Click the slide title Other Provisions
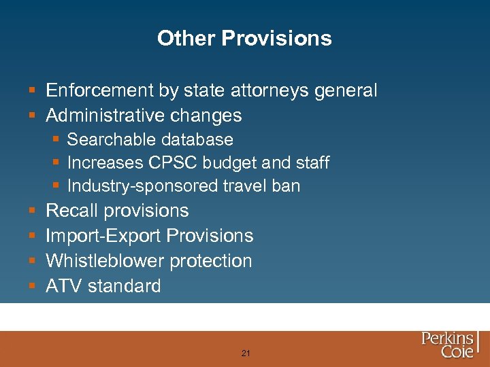click(x=244, y=38)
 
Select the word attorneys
click(x=273, y=90)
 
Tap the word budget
click(x=233, y=163)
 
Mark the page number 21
click(x=246, y=353)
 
